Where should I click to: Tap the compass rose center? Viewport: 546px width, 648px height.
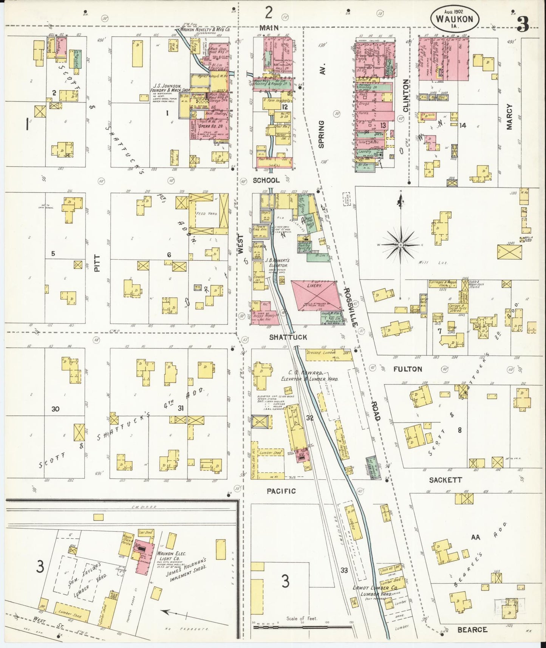click(400, 245)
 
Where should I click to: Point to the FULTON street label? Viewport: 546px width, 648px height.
click(408, 369)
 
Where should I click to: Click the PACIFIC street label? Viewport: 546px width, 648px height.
click(281, 491)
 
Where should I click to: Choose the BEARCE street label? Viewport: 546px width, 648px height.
click(472, 630)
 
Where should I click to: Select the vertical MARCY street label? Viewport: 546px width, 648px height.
click(509, 117)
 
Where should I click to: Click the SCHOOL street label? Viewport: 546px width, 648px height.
click(266, 181)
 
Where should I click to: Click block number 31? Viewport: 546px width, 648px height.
click(181, 408)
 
